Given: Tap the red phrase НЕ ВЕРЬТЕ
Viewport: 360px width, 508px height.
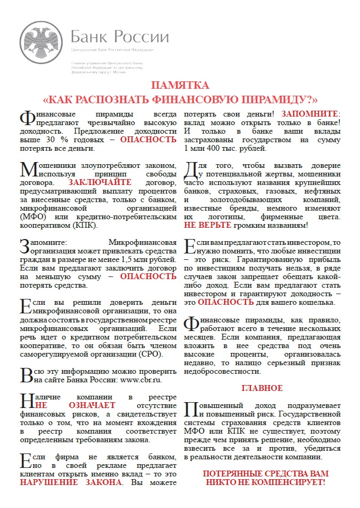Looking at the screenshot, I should coord(204,225).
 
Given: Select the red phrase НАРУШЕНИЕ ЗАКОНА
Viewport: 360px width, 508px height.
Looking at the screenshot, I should coord(71,482).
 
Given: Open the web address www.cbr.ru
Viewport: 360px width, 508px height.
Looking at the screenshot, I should coord(135,380).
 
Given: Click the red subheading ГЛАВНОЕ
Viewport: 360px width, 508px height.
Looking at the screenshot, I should coord(262,388).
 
